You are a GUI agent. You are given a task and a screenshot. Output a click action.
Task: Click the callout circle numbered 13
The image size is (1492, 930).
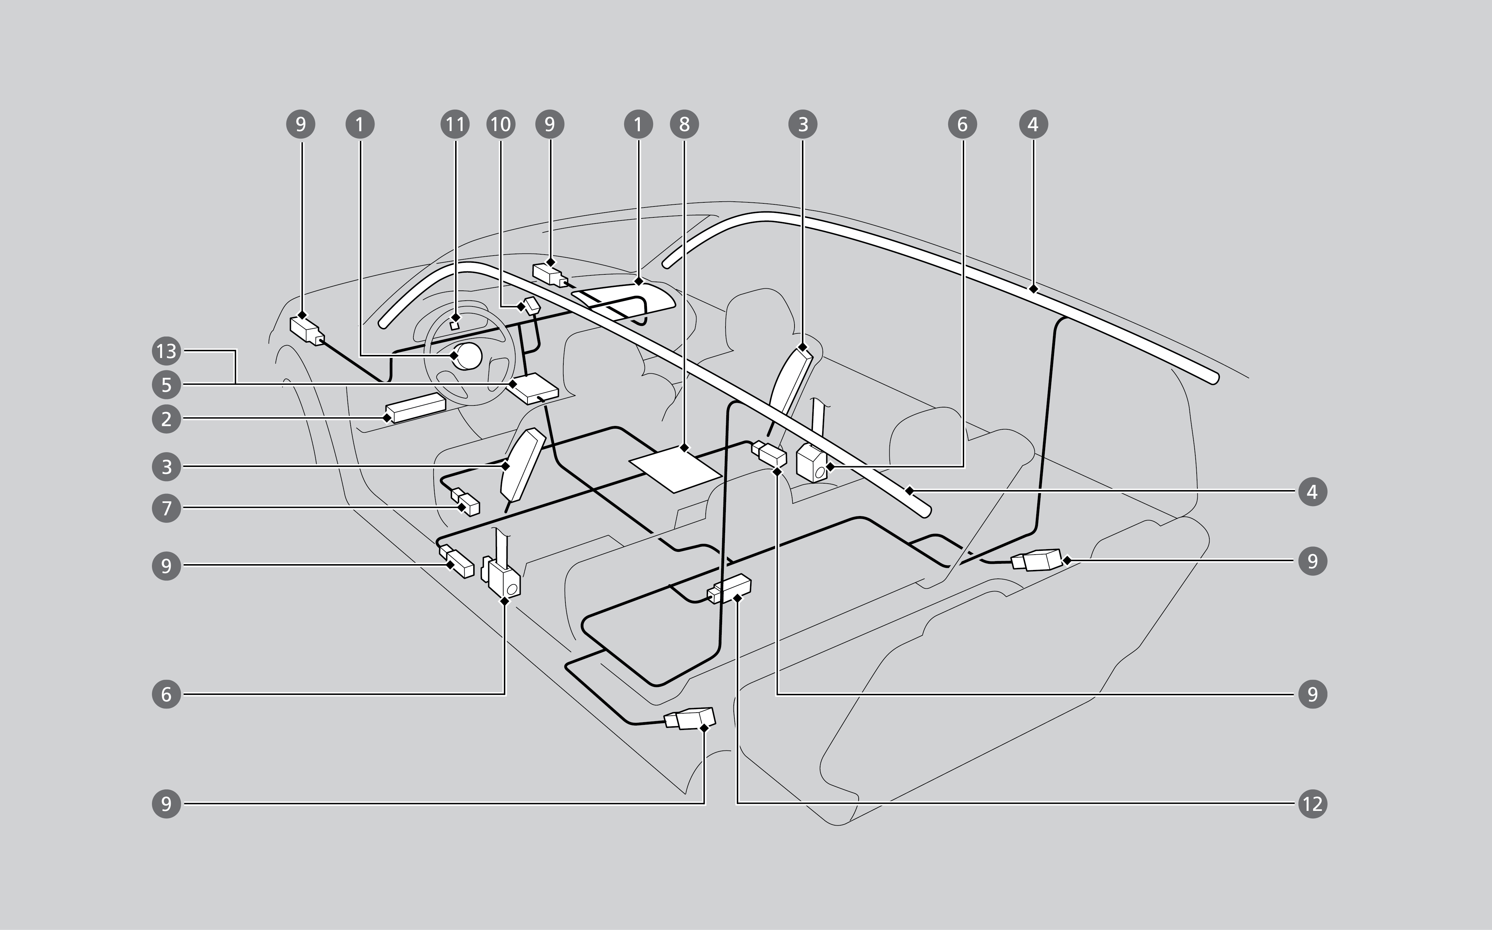click(166, 351)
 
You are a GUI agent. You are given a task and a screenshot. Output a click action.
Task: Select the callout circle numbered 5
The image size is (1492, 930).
click(166, 385)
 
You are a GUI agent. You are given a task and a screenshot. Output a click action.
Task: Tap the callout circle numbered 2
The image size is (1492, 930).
click(166, 419)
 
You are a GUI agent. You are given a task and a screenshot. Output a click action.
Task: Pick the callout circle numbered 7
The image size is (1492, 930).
click(166, 508)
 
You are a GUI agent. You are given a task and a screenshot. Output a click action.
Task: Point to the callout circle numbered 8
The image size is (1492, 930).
click(684, 124)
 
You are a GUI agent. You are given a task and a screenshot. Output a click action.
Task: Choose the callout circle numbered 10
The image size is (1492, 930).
click(500, 124)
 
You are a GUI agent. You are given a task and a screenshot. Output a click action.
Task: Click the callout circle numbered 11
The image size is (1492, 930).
click(455, 124)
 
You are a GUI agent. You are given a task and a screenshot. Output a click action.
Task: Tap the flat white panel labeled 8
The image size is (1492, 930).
click(675, 469)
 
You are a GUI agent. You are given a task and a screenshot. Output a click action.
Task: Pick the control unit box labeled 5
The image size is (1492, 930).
click(534, 388)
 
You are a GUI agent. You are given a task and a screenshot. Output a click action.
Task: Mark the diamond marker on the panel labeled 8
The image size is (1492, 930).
click(684, 448)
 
